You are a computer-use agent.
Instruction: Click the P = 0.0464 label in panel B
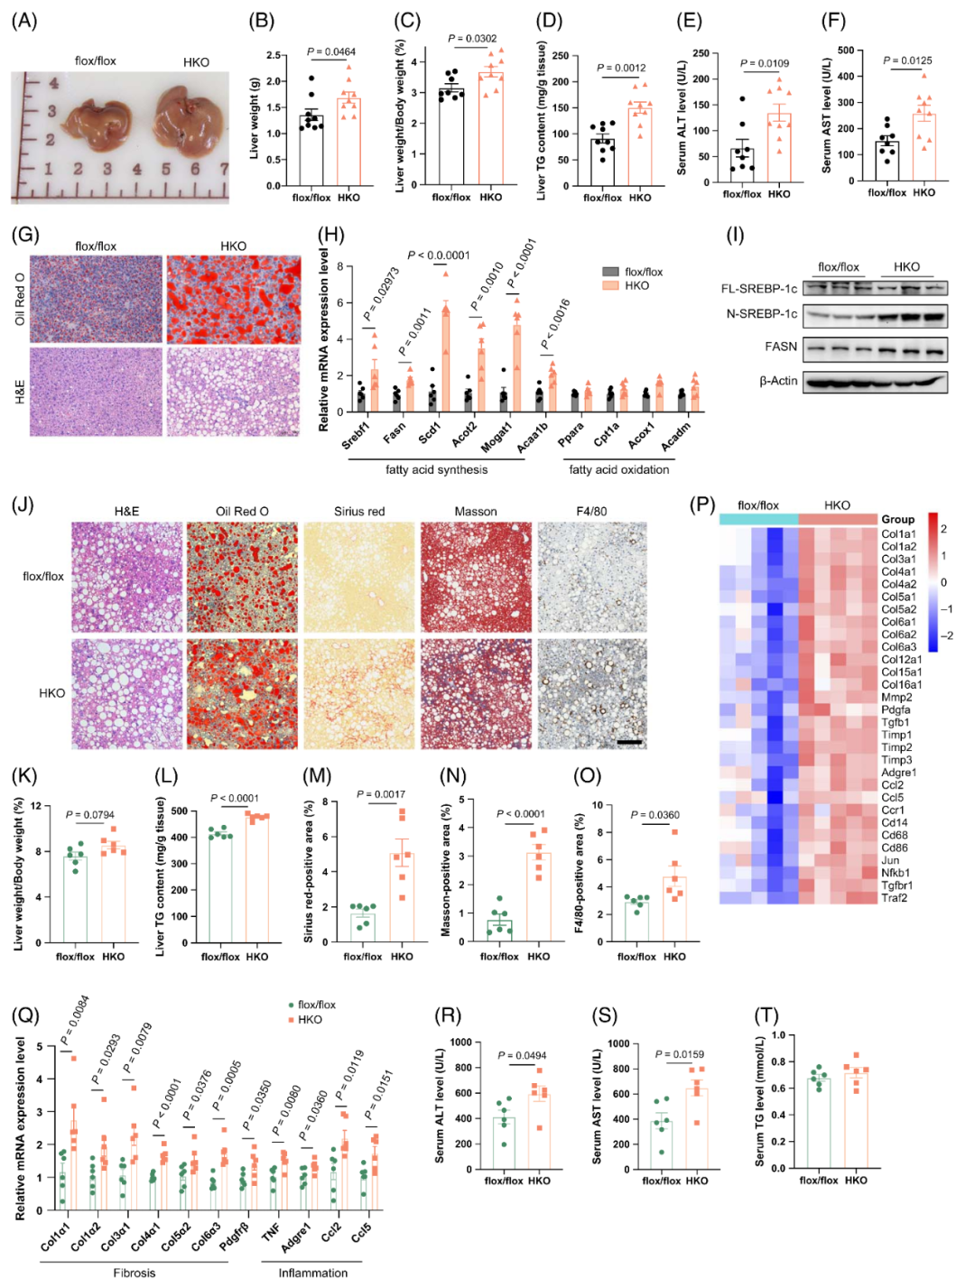tap(330, 52)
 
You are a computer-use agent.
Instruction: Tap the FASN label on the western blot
tap(781, 347)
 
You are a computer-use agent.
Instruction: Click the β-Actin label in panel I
tap(778, 381)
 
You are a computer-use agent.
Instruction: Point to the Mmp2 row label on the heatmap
tap(896, 698)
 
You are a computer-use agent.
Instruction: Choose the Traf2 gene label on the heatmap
tap(895, 898)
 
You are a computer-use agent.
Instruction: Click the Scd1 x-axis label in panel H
tap(429, 433)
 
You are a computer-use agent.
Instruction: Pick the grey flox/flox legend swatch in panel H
tap(611, 272)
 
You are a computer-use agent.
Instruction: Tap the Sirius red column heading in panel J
tap(359, 512)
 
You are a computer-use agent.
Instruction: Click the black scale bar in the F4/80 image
tap(629, 742)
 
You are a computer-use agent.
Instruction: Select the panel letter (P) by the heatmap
tap(701, 505)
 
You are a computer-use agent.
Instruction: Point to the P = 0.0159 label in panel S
tap(679, 1054)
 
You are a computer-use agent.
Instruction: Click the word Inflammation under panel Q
tap(312, 1274)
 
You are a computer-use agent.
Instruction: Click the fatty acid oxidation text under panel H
tap(618, 469)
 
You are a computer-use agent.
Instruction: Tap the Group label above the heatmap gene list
tap(897, 519)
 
